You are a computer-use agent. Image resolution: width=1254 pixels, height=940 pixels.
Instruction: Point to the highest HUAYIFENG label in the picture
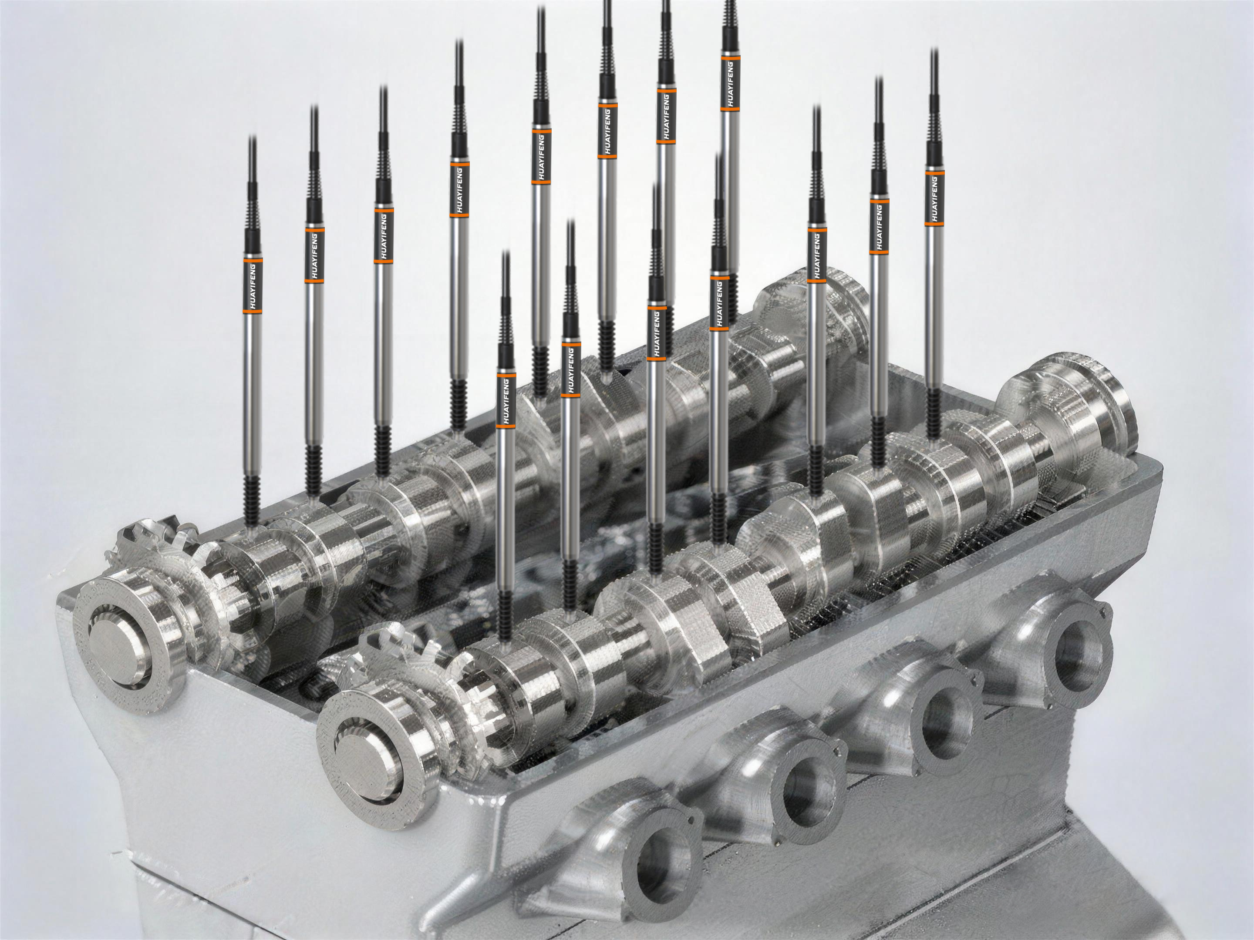point(731,82)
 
